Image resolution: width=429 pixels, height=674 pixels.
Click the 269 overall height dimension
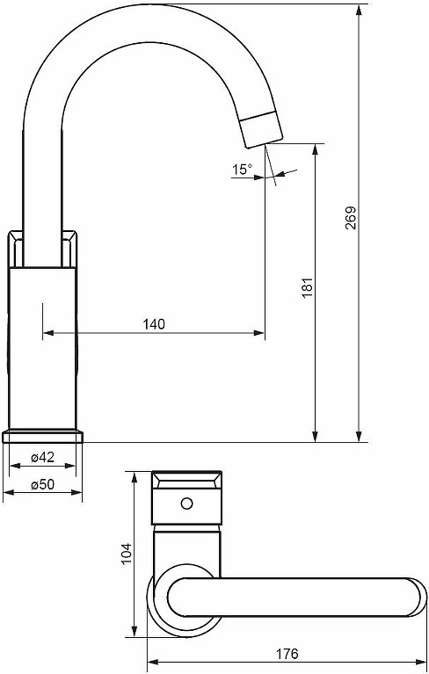pyautogui.click(x=351, y=218)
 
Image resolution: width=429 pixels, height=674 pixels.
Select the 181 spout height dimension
pyautogui.click(x=308, y=288)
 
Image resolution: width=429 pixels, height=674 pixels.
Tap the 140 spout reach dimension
pyautogui.click(x=154, y=323)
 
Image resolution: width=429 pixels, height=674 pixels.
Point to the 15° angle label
pyautogui.click(x=243, y=170)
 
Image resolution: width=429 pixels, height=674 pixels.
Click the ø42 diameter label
pyautogui.click(x=42, y=457)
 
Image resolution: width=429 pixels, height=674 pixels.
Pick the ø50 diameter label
pyautogui.click(x=42, y=484)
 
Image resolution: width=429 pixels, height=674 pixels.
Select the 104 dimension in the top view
pyautogui.click(x=126, y=554)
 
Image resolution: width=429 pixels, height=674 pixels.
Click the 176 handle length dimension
pyautogui.click(x=287, y=654)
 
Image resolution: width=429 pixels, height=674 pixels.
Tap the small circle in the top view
pyautogui.click(x=186, y=504)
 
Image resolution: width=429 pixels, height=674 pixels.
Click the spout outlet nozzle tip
pyautogui.click(x=261, y=128)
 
